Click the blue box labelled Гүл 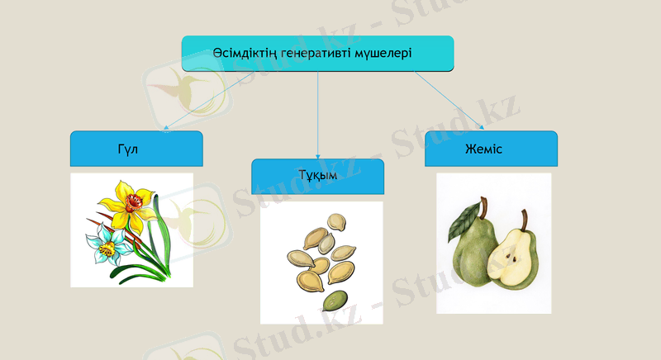(136, 149)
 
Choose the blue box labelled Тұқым (318, 177)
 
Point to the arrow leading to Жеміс (450, 102)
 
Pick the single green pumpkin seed (336, 299)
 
